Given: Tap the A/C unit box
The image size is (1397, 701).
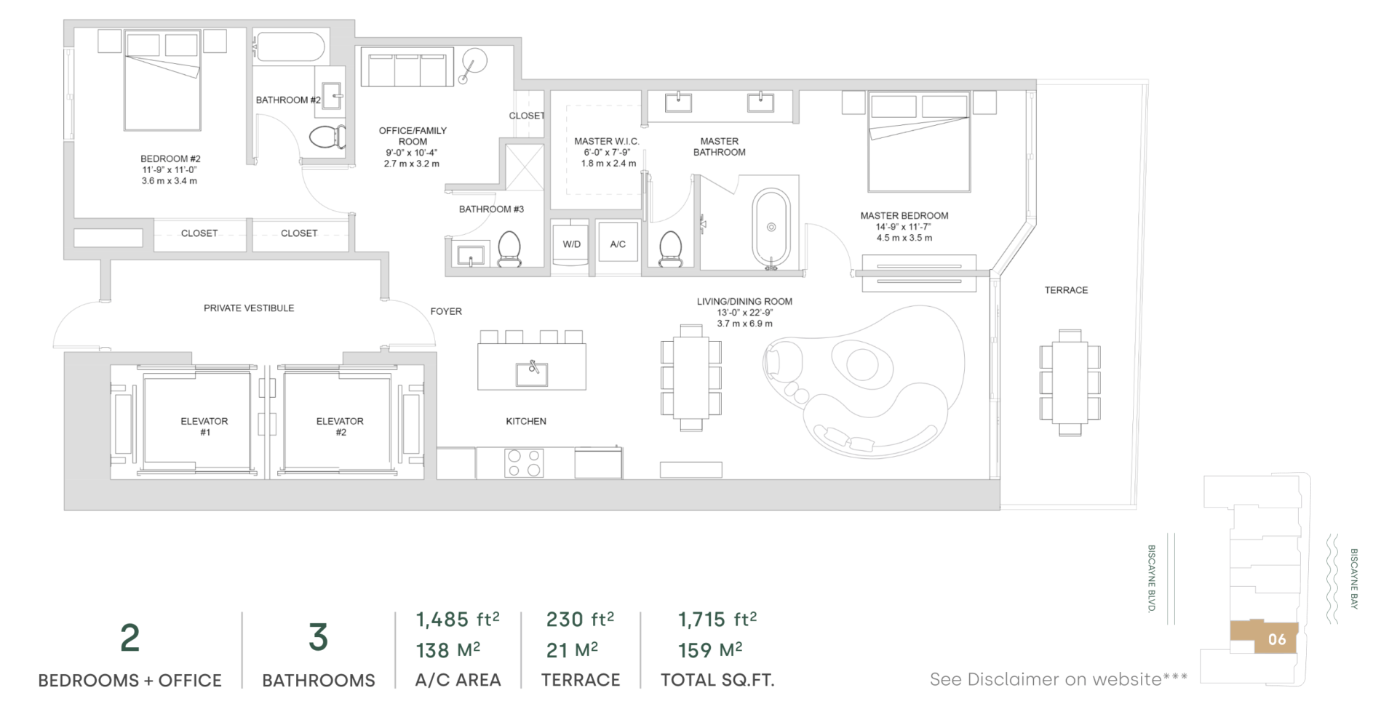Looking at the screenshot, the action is click(x=618, y=244).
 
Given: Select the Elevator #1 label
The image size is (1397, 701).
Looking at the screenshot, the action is click(x=204, y=427).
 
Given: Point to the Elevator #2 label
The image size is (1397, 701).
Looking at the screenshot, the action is click(x=341, y=427).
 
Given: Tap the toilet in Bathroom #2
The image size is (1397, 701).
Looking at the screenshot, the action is click(x=327, y=138).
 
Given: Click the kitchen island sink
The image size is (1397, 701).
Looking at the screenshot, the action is click(x=533, y=374).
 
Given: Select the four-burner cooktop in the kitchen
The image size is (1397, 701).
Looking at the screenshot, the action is click(x=524, y=462).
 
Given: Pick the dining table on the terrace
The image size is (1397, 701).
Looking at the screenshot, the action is click(x=1070, y=382).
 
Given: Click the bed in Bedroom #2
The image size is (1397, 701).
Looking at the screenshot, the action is click(x=162, y=80).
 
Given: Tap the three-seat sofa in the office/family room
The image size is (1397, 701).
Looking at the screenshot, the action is click(x=407, y=68).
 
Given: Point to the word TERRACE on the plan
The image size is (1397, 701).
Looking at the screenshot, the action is click(x=1066, y=290).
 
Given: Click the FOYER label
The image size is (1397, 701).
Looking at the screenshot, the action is click(x=446, y=311).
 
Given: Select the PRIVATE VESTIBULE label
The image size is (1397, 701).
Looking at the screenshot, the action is click(x=249, y=308).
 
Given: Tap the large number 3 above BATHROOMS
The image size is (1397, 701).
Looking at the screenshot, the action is click(x=318, y=637).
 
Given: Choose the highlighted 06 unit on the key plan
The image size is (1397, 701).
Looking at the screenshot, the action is click(x=1264, y=638).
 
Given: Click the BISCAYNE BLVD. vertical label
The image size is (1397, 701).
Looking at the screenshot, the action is click(x=1151, y=579).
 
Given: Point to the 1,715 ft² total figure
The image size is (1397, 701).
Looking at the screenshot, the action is click(x=717, y=620).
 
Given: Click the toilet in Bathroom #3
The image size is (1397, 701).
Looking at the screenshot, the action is click(x=509, y=249).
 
